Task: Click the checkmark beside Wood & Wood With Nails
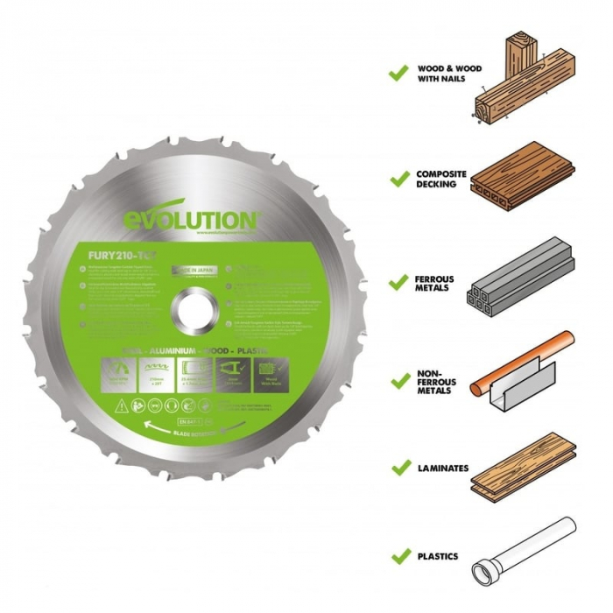399,74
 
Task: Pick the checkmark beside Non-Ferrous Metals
399,381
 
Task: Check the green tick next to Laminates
399,468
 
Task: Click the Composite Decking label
441,179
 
